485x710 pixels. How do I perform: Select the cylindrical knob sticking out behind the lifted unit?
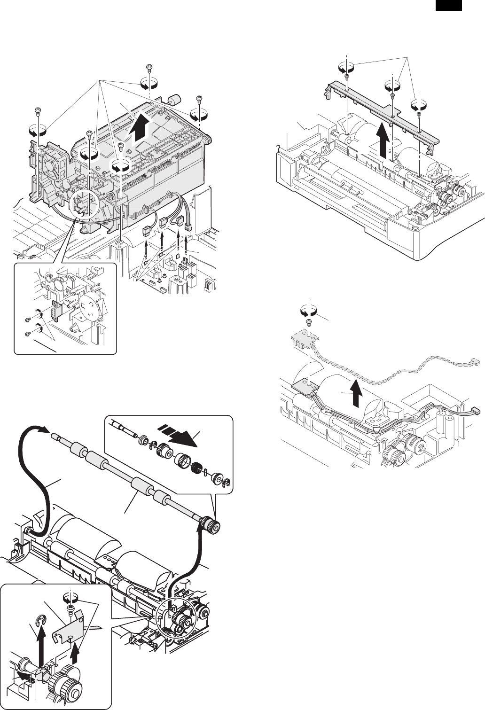pyautogui.click(x=174, y=100)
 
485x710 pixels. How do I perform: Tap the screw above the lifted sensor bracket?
pyautogui.click(x=309, y=321)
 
